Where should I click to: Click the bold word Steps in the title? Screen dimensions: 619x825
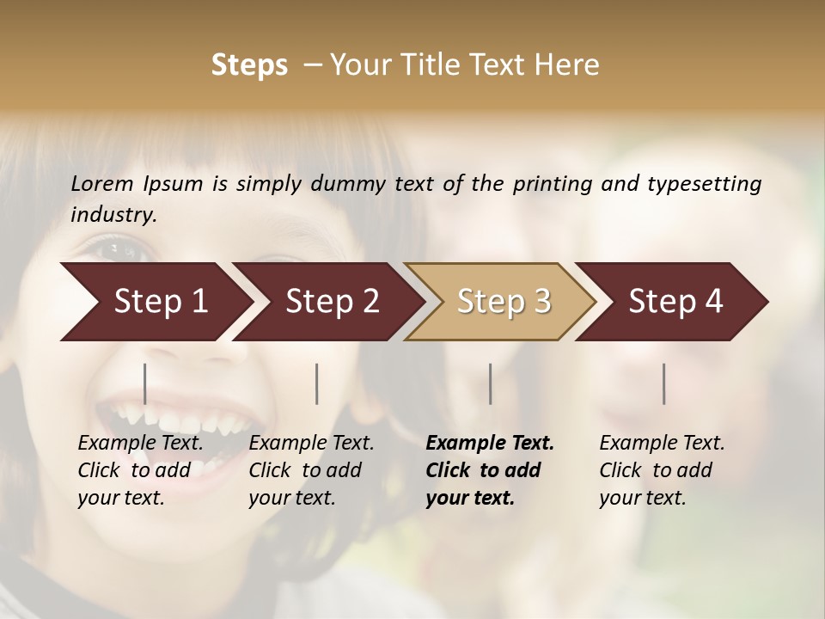tap(249, 65)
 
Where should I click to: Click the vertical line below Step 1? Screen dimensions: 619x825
tap(145, 383)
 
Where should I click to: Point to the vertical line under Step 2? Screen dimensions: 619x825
tap(317, 383)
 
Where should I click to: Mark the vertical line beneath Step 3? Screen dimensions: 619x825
tap(491, 383)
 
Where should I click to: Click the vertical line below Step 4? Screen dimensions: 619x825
tap(664, 383)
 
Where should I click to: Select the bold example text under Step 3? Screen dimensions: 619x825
tap(489, 470)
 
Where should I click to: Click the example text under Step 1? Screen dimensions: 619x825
tap(140, 470)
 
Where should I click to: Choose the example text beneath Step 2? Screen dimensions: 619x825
tap(311, 470)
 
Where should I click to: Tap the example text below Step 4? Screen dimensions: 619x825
tap(662, 470)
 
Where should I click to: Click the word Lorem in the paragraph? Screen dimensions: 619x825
tap(102, 183)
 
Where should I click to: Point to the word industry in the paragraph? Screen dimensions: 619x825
tap(113, 215)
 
